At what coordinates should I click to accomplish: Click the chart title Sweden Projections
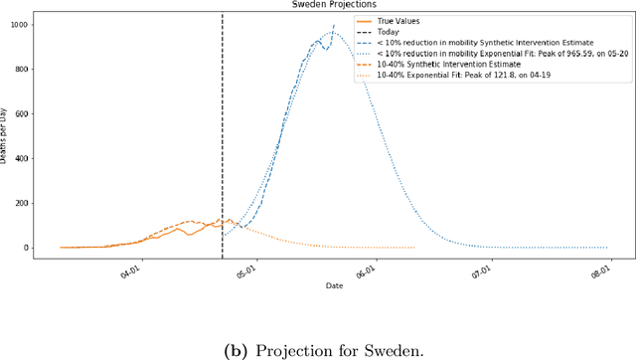point(333,5)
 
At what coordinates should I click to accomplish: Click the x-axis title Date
point(334,285)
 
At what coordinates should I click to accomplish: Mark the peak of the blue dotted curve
point(334,33)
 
